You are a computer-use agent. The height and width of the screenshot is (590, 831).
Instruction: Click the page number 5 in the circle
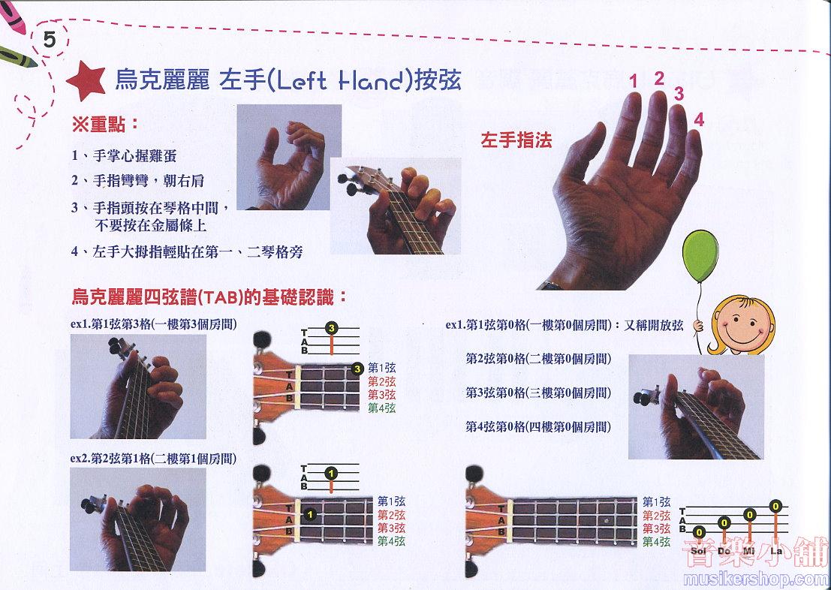pyautogui.click(x=50, y=40)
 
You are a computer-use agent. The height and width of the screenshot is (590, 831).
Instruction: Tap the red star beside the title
pyautogui.click(x=86, y=80)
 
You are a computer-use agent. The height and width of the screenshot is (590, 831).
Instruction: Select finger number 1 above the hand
pyautogui.click(x=634, y=82)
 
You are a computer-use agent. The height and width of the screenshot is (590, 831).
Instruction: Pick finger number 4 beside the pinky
pyautogui.click(x=699, y=120)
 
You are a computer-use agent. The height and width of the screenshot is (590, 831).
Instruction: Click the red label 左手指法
pyautogui.click(x=516, y=140)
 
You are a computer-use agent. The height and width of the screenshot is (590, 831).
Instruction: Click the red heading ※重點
pyautogui.click(x=105, y=125)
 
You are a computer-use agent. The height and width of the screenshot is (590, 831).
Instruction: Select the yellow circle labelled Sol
pyautogui.click(x=699, y=531)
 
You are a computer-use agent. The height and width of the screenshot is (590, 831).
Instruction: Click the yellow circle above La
pyautogui.click(x=776, y=506)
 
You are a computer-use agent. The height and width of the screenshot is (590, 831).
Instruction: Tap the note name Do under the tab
pyautogui.click(x=724, y=551)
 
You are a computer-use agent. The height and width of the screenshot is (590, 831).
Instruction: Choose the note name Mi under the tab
pyautogui.click(x=749, y=551)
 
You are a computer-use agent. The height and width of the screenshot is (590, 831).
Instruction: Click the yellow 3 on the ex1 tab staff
pyautogui.click(x=331, y=328)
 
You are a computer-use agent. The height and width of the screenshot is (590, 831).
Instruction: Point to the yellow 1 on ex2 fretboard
pyautogui.click(x=311, y=513)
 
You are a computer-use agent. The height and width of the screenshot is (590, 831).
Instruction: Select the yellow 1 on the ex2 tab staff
pyautogui.click(x=331, y=473)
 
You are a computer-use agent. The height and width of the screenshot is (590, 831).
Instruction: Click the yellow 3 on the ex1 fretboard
pyautogui.click(x=358, y=369)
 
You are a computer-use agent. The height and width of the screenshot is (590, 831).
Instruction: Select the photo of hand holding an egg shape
pyautogui.click(x=289, y=157)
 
